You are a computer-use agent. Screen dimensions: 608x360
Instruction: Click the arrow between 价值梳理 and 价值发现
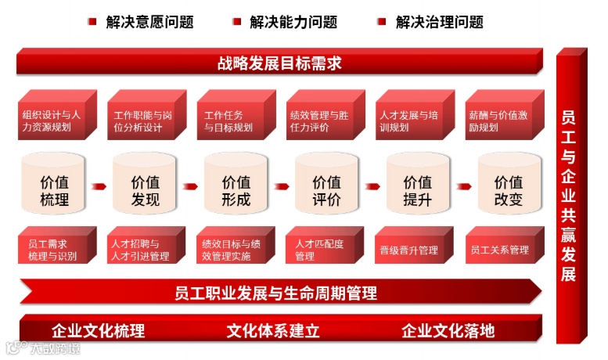(99, 187)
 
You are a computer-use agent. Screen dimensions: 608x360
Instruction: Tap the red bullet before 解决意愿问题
(92, 22)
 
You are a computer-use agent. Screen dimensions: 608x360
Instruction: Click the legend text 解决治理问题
(440, 22)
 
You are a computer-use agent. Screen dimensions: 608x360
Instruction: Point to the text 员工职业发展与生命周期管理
(275, 293)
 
